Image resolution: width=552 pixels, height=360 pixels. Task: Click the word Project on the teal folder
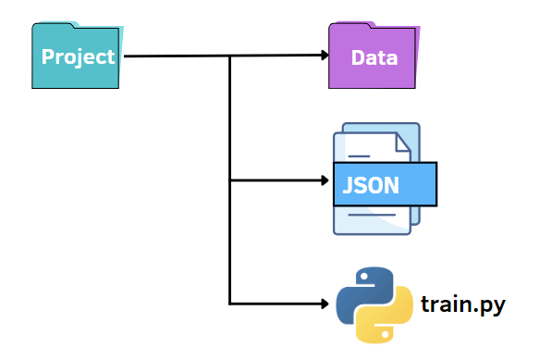click(x=79, y=56)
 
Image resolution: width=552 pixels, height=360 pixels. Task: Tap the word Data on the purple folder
click(x=374, y=58)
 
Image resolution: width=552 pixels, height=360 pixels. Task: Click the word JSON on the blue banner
click(x=371, y=184)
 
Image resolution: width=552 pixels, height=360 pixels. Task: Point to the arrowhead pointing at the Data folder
click(x=322, y=56)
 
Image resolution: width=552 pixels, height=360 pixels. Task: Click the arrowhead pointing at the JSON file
click(x=322, y=180)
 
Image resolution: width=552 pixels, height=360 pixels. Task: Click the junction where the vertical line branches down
click(x=229, y=56)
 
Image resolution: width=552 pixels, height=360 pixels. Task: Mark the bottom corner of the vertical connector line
click(x=229, y=303)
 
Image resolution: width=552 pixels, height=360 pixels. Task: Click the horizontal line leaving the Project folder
click(x=176, y=56)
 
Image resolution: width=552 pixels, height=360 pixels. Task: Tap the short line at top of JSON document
click(x=359, y=155)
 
